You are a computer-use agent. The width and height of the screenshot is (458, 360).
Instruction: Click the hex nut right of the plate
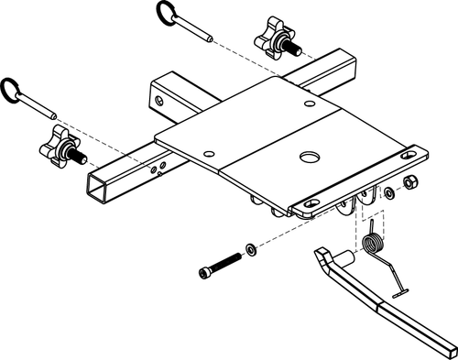[x=410, y=183]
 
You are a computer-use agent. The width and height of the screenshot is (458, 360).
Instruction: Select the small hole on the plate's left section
[x=210, y=153]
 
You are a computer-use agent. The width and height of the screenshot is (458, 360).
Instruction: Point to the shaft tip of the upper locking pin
[x=212, y=38]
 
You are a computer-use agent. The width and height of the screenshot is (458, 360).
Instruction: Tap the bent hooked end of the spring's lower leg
[x=396, y=293]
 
